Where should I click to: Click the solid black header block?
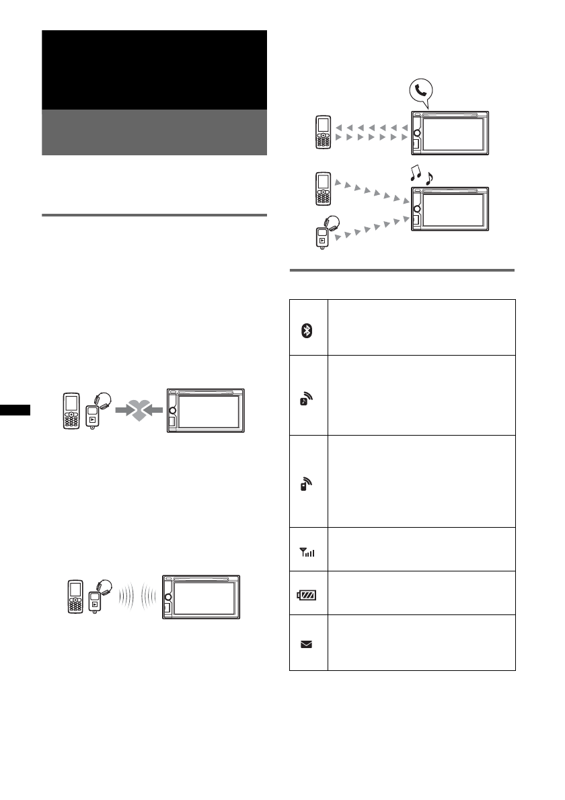(154, 70)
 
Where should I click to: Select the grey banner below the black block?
(154, 132)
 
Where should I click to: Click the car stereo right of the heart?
(206, 412)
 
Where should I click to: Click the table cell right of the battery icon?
(421, 593)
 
